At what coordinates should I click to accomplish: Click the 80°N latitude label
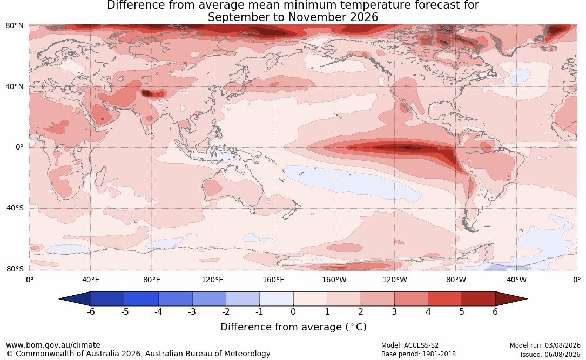tap(14, 26)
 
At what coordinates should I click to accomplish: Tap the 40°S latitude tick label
tap(15, 208)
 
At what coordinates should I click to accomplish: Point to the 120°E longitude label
tap(212, 280)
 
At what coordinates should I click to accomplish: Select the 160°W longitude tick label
tap(334, 280)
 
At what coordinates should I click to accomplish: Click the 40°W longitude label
tap(516, 280)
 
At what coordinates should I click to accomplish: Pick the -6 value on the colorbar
tap(91, 311)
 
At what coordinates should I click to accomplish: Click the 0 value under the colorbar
tap(293, 311)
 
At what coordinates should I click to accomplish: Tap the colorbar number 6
tap(495, 311)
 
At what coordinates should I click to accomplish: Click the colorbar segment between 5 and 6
tap(479, 299)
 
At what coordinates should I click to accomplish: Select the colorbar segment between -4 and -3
tap(176, 299)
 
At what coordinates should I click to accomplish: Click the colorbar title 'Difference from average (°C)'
tap(293, 327)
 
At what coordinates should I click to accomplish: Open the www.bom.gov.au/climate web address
tap(53, 345)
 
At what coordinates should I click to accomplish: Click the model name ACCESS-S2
tap(421, 345)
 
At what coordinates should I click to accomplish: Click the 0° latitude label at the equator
tap(19, 147)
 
